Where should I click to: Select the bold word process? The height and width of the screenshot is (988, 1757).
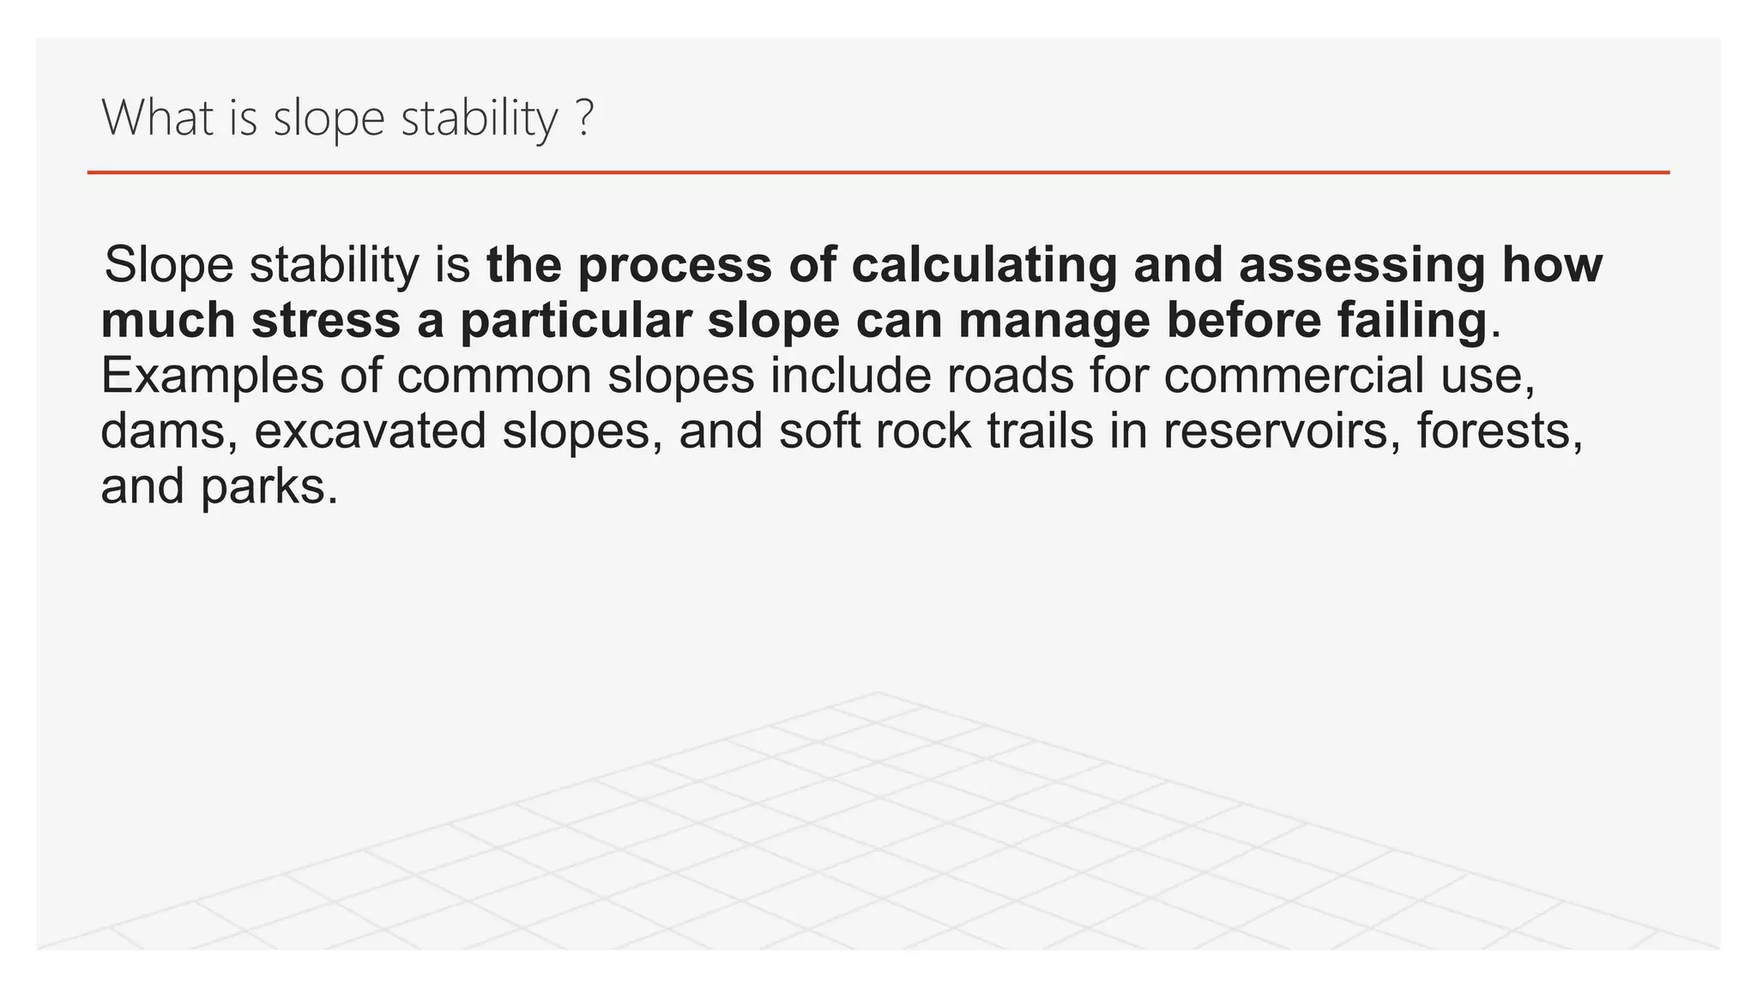tap(674, 265)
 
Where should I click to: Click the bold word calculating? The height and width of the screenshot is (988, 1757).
tap(984, 265)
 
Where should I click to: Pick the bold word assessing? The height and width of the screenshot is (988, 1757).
tap(1362, 265)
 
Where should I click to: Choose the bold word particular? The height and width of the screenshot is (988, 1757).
tap(576, 321)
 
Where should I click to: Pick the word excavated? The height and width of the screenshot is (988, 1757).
tap(370, 431)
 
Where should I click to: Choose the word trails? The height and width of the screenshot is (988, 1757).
tap(1040, 431)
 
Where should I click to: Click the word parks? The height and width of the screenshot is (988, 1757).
tap(269, 487)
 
